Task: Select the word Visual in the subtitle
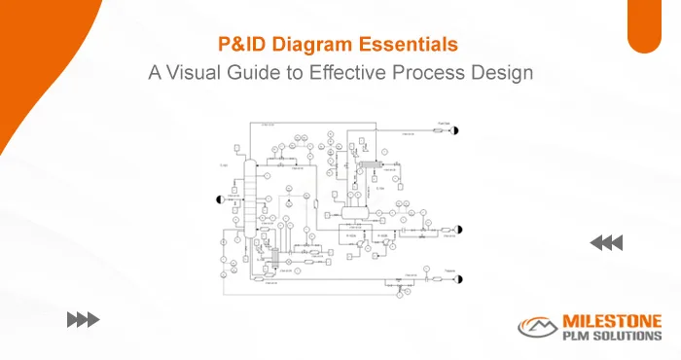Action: point(197,72)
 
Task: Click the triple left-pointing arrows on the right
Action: point(607,242)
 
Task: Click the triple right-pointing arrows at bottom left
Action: point(83,318)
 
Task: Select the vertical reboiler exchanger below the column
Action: point(276,259)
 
